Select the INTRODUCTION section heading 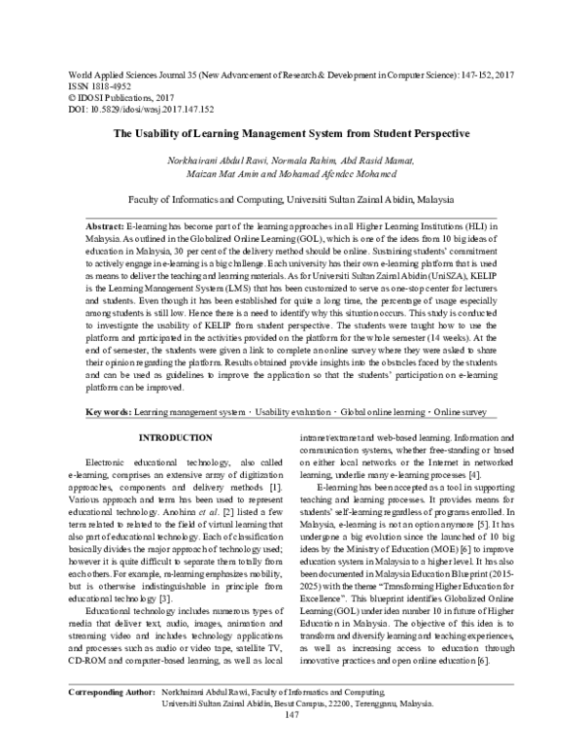[x=177, y=465]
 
